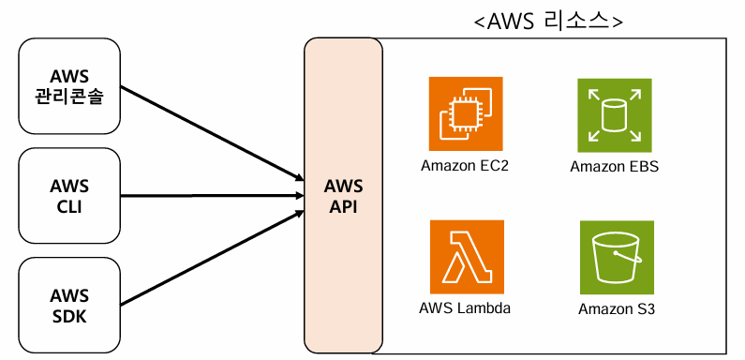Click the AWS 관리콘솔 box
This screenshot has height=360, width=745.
[69, 86]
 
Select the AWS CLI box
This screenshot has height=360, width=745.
[69, 195]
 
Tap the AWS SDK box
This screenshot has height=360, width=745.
[69, 305]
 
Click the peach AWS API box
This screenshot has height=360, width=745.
[343, 195]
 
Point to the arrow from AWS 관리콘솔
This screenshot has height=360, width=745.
[213, 134]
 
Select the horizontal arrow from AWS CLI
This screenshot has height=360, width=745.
[213, 195]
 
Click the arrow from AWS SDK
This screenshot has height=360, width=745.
[213, 257]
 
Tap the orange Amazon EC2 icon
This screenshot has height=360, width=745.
[466, 113]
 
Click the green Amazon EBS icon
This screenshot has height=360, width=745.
[615, 115]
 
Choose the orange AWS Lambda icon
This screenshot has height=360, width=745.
[467, 257]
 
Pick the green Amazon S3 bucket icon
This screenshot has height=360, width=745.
[617, 257]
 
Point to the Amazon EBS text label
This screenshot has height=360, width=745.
[615, 167]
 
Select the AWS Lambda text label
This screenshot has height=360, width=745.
[465, 307]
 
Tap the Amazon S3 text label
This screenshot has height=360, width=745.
[617, 309]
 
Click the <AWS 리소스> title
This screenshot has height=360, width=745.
[549, 22]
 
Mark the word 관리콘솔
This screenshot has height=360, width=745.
[69, 97]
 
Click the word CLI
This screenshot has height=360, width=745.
[69, 207]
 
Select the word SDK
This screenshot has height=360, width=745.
[69, 316]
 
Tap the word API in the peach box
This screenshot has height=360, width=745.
[343, 207]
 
